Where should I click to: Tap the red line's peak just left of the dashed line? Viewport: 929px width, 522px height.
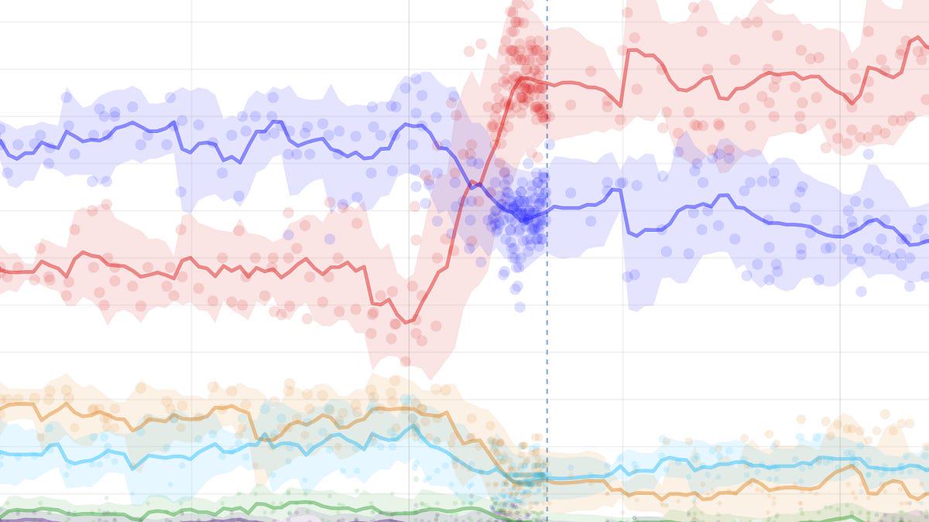coord(523,78)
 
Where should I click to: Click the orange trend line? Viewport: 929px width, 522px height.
coord(155,418)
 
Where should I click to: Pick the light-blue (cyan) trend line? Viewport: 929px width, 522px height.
coord(155,455)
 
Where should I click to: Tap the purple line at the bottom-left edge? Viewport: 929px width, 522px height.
coord(15,520)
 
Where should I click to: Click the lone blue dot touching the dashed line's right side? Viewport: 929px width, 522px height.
coord(550,145)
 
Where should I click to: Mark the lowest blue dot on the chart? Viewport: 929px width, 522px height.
coord(519,307)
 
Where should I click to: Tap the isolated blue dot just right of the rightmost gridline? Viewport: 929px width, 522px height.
coord(869,154)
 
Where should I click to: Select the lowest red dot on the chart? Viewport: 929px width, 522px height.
coord(406,360)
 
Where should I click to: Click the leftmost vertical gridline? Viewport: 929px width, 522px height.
coord(192,232)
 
